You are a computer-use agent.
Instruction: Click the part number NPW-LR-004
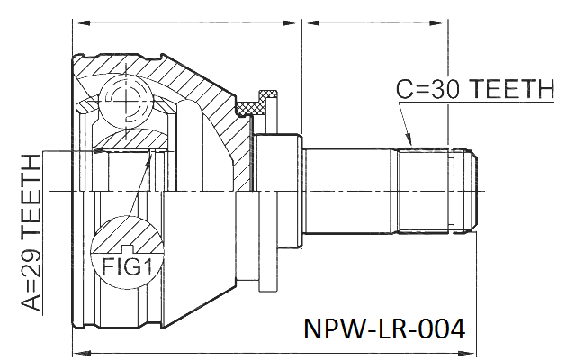coord(384,328)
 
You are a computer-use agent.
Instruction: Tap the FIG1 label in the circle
coord(127,266)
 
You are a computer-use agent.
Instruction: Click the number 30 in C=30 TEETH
coord(445,89)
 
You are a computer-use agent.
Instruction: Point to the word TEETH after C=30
coord(512,89)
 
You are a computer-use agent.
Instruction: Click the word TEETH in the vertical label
coord(31,196)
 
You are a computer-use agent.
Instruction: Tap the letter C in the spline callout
coord(405,89)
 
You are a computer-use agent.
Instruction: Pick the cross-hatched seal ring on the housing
coord(250,108)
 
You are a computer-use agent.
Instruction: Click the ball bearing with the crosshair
coord(126,99)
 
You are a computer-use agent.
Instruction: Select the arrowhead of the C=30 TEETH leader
coord(409,139)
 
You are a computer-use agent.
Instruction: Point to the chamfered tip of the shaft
coord(465,190)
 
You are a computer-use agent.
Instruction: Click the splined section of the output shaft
coord(423,190)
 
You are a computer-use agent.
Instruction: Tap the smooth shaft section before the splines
coord(347,190)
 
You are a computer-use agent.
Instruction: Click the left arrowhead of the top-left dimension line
coord(82,22)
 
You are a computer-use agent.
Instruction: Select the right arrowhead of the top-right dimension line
coord(438,22)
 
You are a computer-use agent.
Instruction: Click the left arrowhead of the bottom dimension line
coord(82,354)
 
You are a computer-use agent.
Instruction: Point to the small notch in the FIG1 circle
coord(126,248)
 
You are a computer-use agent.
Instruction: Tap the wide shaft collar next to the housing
coord(278,191)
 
